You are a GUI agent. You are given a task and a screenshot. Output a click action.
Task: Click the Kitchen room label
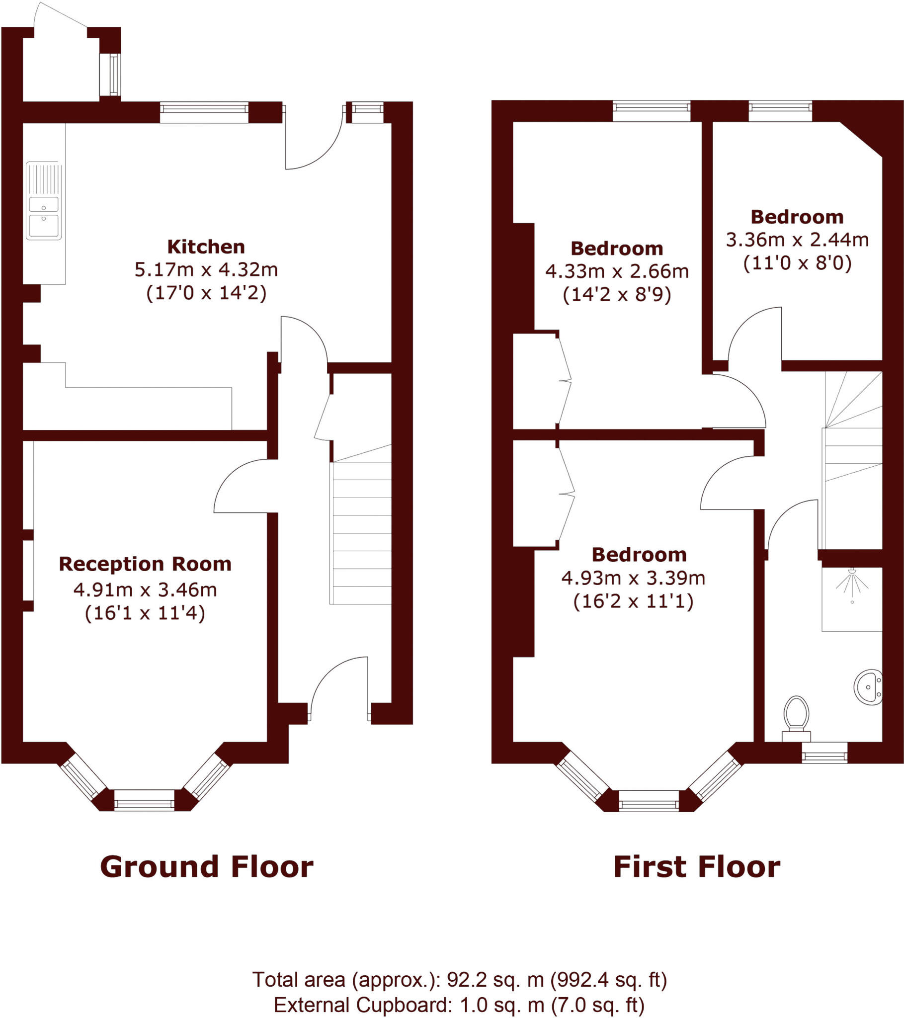[206, 247]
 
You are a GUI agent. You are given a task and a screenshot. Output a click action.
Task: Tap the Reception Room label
[145, 564]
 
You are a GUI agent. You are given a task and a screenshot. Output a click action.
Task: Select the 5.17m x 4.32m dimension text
[206, 269]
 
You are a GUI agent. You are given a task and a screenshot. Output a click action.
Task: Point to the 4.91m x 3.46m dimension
[145, 590]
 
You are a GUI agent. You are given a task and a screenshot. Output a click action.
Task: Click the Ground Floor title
[207, 867]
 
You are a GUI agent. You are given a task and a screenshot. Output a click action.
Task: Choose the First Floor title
[696, 867]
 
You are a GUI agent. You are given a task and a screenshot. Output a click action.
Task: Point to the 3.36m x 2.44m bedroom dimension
[797, 240]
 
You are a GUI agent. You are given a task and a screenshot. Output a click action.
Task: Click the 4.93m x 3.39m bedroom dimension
[633, 578]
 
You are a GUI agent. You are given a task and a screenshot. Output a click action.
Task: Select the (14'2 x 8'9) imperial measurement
[617, 295]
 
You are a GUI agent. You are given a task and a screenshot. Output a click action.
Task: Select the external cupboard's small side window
[110, 74]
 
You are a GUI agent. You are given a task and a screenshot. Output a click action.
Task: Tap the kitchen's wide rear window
[204, 112]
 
